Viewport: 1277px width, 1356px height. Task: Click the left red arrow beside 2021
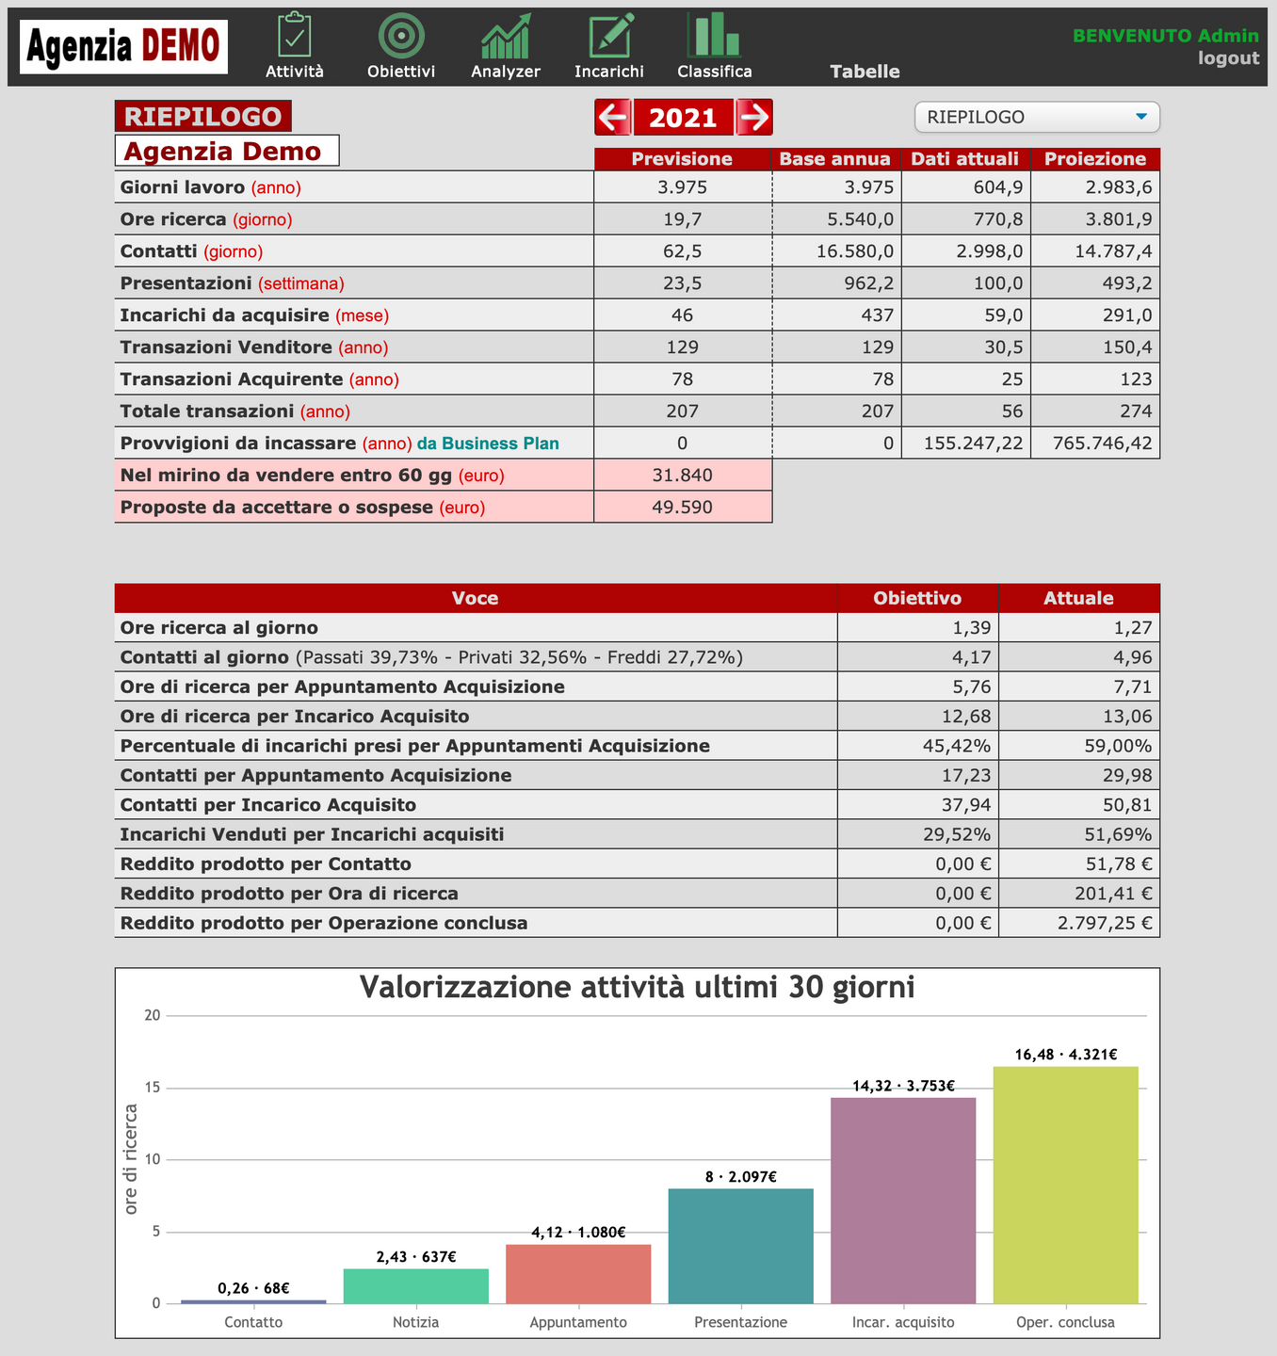(613, 118)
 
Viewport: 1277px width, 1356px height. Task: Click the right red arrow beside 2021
(754, 118)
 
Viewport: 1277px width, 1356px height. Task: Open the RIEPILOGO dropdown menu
(1037, 117)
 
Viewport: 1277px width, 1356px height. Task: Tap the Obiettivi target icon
(401, 37)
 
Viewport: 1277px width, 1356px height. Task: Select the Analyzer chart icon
(506, 37)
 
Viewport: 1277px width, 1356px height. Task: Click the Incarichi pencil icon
(609, 37)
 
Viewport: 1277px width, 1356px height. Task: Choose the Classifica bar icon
(714, 37)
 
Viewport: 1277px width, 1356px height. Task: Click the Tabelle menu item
(865, 72)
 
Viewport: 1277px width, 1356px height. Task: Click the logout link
(1228, 58)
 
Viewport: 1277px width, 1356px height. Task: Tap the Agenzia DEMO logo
(123, 46)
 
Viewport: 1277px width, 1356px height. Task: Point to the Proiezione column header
(1095, 159)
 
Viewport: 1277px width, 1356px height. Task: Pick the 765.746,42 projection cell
(1095, 444)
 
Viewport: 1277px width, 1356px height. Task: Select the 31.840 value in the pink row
(683, 476)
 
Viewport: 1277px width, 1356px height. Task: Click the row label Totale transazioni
(207, 412)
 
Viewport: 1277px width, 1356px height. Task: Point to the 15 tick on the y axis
(152, 1088)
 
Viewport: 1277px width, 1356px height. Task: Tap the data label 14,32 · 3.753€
(903, 1086)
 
